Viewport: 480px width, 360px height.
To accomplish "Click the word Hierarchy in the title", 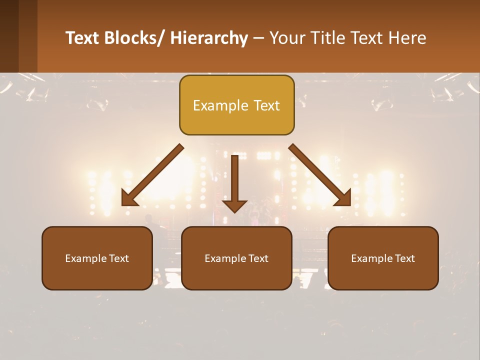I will (x=209, y=38).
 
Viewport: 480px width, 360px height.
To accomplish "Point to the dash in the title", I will (x=258, y=38).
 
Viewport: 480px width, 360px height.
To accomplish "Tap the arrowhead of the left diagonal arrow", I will (x=129, y=199).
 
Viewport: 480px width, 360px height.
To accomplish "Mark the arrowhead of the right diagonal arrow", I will (x=343, y=199).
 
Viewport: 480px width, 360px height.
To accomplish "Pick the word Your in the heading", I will (x=286, y=38).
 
